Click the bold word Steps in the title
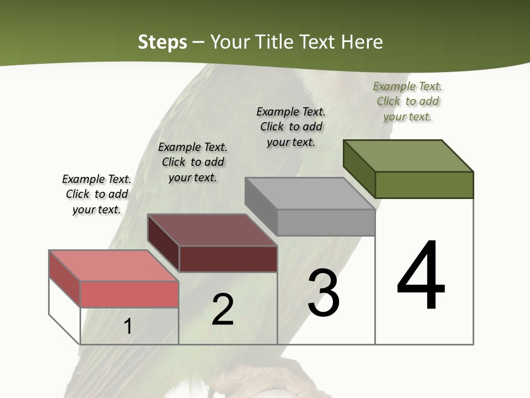[162, 42]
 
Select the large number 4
[421, 276]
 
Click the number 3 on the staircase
[324, 292]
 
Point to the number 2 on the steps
[222, 310]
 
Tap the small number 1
[128, 327]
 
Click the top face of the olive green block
[409, 155]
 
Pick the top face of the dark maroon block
[212, 230]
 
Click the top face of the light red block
[114, 266]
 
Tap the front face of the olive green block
[424, 185]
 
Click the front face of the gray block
[326, 223]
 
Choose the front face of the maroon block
[228, 259]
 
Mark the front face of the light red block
[129, 294]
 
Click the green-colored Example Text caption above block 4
[407, 101]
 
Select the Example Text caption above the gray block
[291, 127]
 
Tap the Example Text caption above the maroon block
[193, 162]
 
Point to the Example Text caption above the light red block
[97, 194]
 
